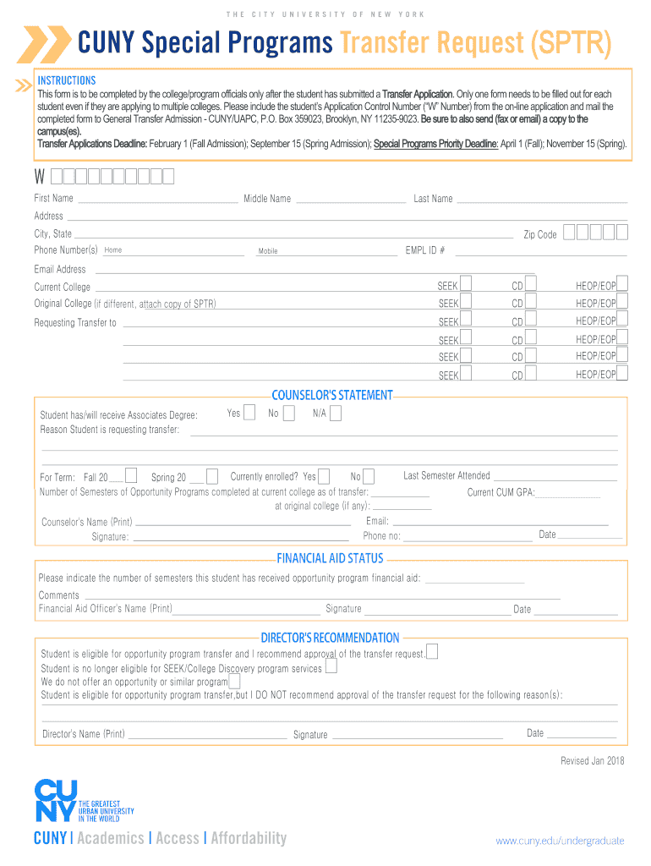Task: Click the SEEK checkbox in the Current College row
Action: (466, 284)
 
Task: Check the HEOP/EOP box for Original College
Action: (622, 301)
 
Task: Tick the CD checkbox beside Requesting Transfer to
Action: (531, 320)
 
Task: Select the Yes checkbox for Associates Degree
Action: (249, 412)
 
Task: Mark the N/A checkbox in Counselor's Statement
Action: (336, 413)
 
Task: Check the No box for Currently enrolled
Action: (369, 476)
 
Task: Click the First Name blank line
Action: (157, 200)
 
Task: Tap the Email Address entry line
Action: (313, 271)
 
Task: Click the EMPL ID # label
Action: (425, 250)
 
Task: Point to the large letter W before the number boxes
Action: (40, 177)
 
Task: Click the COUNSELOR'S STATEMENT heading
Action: (332, 395)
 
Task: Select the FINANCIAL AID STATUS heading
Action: (330, 558)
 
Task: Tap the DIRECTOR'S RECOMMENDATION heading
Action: (330, 638)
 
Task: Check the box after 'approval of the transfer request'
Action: (432, 651)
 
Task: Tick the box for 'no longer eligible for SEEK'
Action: (331, 666)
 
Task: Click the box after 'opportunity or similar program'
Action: (234, 681)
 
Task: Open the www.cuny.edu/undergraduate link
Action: (560, 841)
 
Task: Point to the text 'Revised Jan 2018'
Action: (593, 761)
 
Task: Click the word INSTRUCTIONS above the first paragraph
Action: (67, 80)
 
